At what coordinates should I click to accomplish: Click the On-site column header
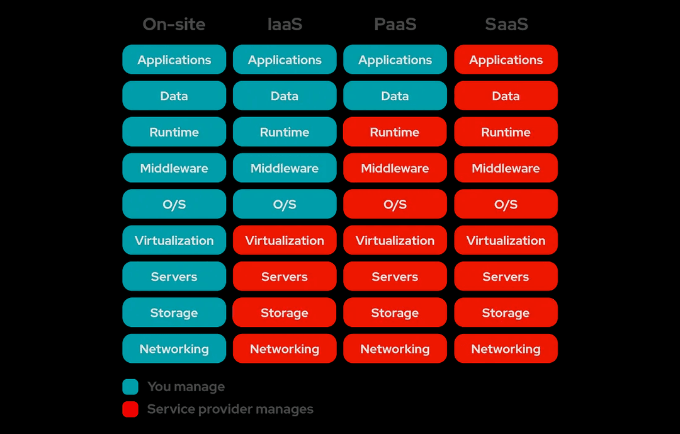pyautogui.click(x=174, y=25)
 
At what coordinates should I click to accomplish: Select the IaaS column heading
pyautogui.click(x=285, y=25)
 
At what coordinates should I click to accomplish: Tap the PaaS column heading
pyautogui.click(x=395, y=25)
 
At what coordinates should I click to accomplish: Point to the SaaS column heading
pyautogui.click(x=506, y=25)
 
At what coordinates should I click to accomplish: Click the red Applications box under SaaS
pyautogui.click(x=506, y=59)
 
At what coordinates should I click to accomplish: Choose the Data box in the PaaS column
pyautogui.click(x=395, y=96)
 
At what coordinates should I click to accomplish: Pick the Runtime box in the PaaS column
pyautogui.click(x=395, y=132)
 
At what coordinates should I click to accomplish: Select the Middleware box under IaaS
pyautogui.click(x=285, y=168)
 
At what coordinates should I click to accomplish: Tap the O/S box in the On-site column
pyautogui.click(x=174, y=204)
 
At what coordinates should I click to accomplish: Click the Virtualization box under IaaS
pyautogui.click(x=285, y=240)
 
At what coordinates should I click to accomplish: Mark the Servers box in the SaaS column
pyautogui.click(x=506, y=276)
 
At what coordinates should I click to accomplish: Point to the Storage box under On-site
pyautogui.click(x=174, y=312)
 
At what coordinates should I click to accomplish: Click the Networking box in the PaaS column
pyautogui.click(x=395, y=348)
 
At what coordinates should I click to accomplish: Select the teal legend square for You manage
pyautogui.click(x=130, y=387)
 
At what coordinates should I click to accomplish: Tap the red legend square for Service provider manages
pyautogui.click(x=130, y=409)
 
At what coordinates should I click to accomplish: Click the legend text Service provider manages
pyautogui.click(x=230, y=409)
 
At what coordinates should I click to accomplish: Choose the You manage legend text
pyautogui.click(x=186, y=387)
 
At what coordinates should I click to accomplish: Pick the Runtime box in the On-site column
pyautogui.click(x=174, y=132)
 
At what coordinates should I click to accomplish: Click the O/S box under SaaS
pyautogui.click(x=506, y=204)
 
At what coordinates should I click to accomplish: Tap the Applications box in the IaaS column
pyautogui.click(x=285, y=59)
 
